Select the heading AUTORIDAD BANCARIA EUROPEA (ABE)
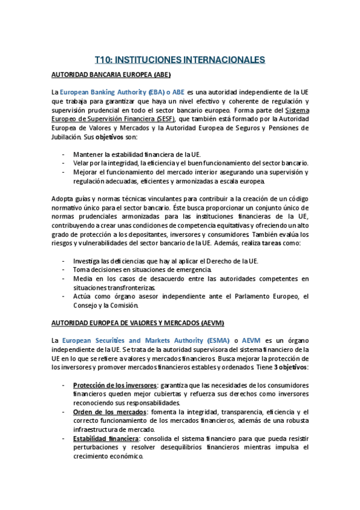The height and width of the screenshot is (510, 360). [111, 75]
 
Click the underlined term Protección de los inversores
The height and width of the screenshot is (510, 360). [114, 386]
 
